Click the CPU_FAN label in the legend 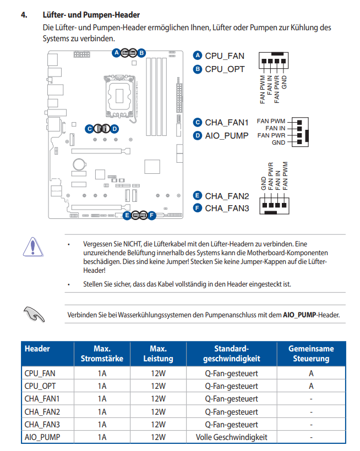click(225, 56)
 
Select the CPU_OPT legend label click(225, 69)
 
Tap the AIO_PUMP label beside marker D click(226, 135)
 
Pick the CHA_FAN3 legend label click(227, 208)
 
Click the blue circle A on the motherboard click(116, 53)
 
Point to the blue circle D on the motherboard click(114, 129)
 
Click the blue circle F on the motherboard click(152, 215)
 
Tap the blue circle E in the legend click(198, 196)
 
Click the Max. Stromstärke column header click(102, 354)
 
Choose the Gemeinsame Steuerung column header click(311, 354)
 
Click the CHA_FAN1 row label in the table click(42, 399)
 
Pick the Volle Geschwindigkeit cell click(231, 437)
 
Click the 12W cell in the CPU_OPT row click(158, 386)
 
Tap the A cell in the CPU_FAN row click(311, 373)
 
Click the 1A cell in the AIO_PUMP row click(102, 437)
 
